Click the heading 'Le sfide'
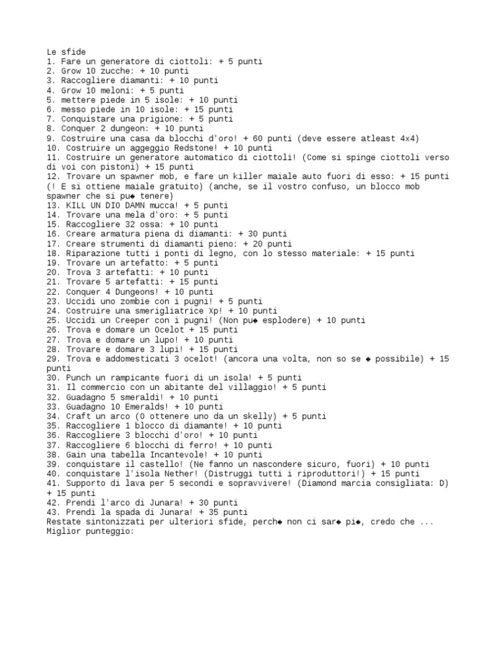66,52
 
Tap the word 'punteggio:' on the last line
109,531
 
